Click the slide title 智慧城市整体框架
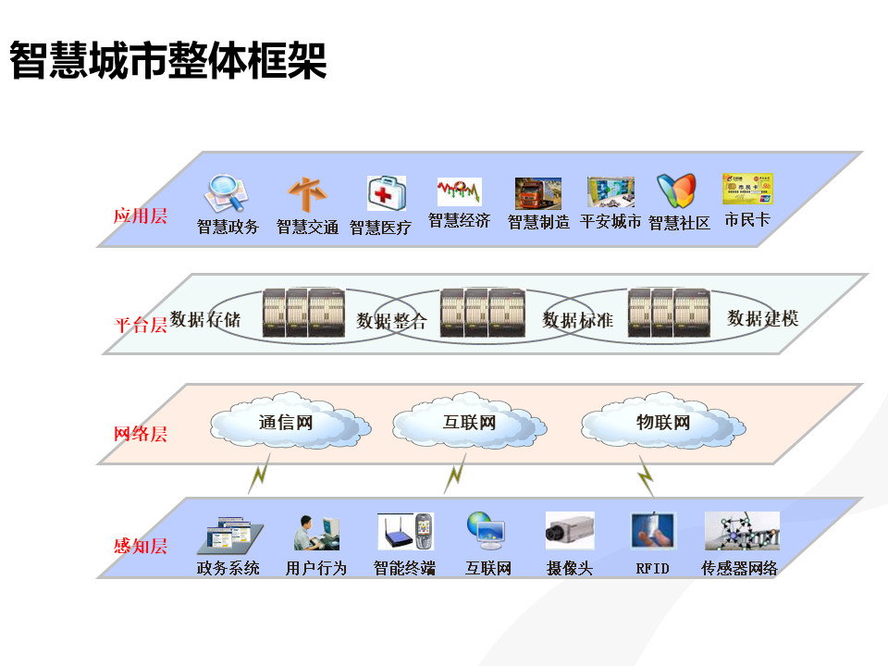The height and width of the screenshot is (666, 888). (x=168, y=60)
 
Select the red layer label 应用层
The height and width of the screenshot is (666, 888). (x=140, y=216)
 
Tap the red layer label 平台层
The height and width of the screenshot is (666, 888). (x=141, y=325)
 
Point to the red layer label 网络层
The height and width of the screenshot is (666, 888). (x=141, y=434)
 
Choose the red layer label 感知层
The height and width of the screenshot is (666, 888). (x=141, y=546)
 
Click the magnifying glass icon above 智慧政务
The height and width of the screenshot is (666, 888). (x=227, y=193)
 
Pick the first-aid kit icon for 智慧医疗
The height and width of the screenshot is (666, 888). (x=387, y=192)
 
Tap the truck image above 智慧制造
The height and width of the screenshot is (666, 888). (x=538, y=193)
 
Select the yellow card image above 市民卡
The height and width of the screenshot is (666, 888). (x=747, y=189)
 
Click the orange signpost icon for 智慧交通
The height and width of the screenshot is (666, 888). (x=307, y=194)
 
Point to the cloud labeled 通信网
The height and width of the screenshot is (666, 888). (x=290, y=422)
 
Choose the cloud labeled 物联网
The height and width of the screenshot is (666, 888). (x=663, y=422)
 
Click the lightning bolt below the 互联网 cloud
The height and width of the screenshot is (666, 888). (x=455, y=474)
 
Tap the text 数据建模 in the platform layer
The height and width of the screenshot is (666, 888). (x=763, y=318)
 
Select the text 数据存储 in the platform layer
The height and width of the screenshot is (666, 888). (x=205, y=319)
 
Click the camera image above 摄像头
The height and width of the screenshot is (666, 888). (x=570, y=531)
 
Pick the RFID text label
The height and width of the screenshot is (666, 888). (x=652, y=569)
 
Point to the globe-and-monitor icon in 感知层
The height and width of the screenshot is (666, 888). (x=487, y=531)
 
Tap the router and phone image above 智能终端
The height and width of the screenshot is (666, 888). (x=405, y=531)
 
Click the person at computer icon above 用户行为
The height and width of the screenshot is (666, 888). (x=316, y=533)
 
